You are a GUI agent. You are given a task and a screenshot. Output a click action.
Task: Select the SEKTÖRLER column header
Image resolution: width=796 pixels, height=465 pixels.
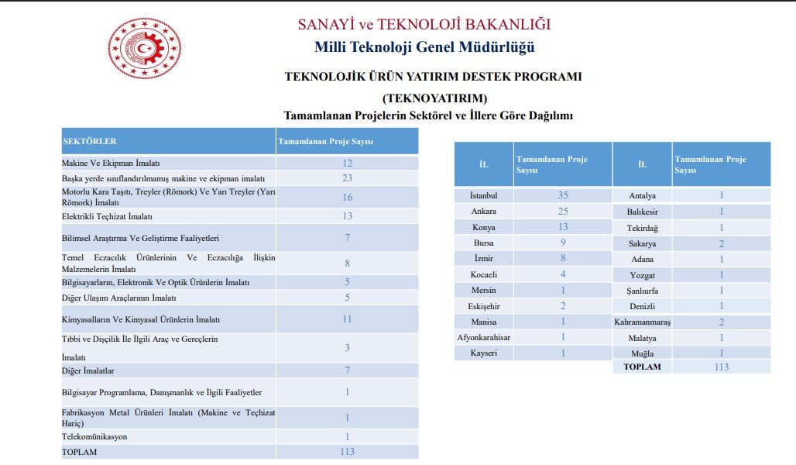89,141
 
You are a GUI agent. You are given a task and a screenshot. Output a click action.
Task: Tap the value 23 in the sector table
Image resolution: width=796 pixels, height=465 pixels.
347,177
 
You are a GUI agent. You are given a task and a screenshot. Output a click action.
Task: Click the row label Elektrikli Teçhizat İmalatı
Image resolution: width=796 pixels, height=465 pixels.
107,216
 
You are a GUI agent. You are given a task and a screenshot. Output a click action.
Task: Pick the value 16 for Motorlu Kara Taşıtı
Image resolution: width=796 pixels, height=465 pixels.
347,198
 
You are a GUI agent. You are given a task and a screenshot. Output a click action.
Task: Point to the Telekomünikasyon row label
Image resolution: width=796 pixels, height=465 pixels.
94,437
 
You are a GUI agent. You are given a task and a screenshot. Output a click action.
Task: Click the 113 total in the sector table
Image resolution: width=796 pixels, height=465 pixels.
347,452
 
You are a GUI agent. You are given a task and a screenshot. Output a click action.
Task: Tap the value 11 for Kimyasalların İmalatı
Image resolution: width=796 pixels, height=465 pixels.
347,319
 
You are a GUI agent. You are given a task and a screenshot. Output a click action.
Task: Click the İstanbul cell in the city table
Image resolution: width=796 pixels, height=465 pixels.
484,195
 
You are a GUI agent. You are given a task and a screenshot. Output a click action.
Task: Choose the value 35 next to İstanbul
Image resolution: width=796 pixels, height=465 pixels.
563,195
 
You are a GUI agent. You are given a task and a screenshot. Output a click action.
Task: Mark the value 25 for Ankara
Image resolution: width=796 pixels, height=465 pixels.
563,211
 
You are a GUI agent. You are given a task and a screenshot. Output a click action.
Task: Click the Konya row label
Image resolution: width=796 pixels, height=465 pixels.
484,227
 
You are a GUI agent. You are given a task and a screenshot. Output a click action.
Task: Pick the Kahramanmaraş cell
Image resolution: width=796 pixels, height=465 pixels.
642,322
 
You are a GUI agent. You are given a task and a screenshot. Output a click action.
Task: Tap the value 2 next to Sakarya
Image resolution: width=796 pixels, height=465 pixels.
721,243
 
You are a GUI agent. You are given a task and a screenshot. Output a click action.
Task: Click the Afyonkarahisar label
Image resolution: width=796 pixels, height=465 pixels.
484,337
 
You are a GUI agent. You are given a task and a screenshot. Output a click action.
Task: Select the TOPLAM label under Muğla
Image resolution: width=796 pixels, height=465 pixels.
642,367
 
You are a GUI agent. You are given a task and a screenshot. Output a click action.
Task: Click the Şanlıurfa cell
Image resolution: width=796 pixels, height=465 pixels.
642,291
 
